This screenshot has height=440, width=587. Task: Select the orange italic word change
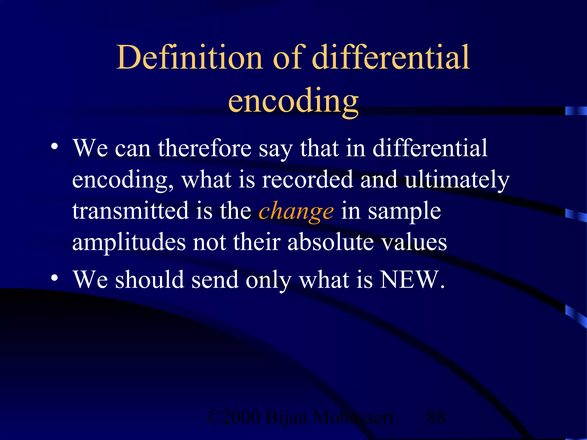coord(296,211)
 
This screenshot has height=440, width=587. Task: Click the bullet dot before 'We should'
coord(54,278)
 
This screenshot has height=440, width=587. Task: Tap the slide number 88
coord(436,417)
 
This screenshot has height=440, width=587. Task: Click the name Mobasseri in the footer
coord(353,417)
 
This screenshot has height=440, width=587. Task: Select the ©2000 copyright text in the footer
coord(233,417)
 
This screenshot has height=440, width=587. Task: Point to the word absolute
coord(330,242)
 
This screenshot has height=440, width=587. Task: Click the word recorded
coord(307,180)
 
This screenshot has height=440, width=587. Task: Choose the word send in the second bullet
coord(215,280)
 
